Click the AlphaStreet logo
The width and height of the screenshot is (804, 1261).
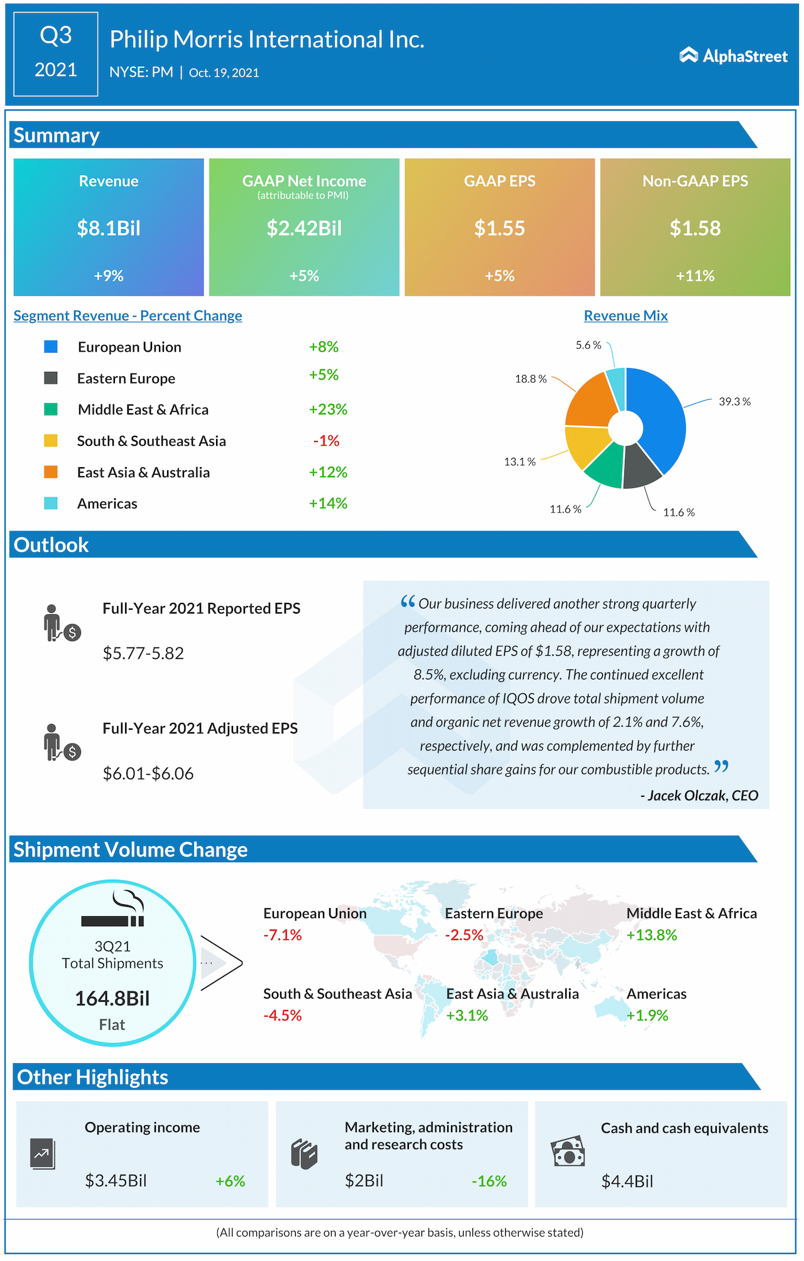733,56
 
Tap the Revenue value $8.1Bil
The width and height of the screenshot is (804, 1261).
109,228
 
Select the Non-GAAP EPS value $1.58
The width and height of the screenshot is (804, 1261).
695,228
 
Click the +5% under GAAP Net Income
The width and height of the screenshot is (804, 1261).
304,276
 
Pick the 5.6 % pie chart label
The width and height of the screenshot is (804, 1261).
589,345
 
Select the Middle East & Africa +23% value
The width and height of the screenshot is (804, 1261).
328,409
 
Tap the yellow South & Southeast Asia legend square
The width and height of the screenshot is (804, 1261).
51,441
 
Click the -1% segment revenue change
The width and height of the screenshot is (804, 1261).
327,441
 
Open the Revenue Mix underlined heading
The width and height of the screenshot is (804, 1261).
626,316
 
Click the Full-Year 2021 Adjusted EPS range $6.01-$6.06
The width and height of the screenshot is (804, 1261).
148,774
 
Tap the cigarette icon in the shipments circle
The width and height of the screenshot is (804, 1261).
113,920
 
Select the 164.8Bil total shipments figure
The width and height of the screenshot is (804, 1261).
112,999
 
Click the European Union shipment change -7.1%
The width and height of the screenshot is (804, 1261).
283,935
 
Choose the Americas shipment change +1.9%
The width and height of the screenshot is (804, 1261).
648,1015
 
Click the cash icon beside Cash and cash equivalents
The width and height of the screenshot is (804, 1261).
568,1151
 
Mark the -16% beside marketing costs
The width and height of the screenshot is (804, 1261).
489,1181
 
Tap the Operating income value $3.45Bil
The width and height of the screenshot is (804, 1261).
116,1181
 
